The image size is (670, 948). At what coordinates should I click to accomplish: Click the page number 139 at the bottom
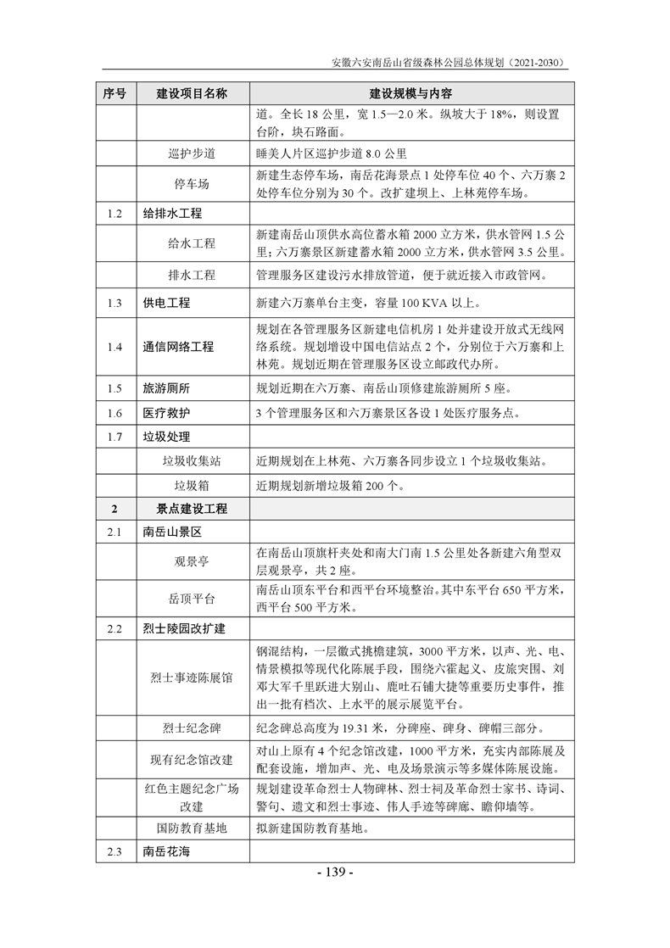pos(335,873)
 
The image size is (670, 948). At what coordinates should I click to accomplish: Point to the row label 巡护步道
pos(192,153)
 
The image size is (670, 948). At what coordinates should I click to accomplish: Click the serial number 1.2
pos(115,213)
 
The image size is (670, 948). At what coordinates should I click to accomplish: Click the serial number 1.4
pos(115,346)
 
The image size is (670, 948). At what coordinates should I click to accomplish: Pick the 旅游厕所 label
pos(166,388)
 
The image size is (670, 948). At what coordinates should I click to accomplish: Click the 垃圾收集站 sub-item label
pos(192,461)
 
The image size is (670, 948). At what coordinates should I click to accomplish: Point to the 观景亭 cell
pos(192,561)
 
